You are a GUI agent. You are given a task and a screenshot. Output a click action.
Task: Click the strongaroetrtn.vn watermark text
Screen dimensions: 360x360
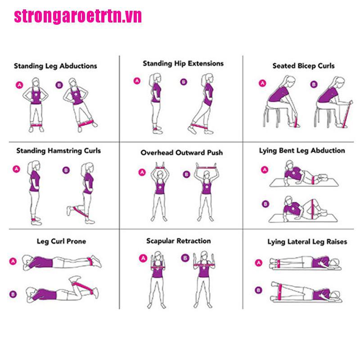pos(78,16)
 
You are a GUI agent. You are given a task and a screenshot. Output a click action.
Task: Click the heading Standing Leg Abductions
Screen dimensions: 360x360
pos(55,66)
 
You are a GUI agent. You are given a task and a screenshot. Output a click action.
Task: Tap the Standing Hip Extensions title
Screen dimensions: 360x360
pos(183,63)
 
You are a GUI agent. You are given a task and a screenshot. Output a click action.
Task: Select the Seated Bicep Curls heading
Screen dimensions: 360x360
pos(303,66)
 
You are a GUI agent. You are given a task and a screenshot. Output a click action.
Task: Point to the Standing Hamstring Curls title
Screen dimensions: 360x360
pos(58,150)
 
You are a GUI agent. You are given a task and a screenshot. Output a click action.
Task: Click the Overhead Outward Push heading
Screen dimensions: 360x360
pos(181,153)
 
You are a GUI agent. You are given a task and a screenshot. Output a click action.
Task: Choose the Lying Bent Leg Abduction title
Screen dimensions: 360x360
pos(302,150)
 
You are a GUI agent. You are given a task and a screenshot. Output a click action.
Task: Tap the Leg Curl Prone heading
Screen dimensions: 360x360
pos(61,241)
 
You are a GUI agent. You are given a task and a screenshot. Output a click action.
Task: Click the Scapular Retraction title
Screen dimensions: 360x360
pos(178,241)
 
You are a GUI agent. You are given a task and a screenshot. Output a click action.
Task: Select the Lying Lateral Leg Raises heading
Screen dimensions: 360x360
pos(307,242)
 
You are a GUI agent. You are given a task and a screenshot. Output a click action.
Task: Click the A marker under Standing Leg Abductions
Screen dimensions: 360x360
pos(19,84)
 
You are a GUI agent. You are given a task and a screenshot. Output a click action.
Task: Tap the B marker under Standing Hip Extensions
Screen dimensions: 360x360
pos(183,82)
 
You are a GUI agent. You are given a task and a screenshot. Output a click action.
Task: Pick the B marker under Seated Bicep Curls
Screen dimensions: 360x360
pos(313,84)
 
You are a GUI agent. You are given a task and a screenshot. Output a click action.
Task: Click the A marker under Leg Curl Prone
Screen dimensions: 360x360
pos(13,261)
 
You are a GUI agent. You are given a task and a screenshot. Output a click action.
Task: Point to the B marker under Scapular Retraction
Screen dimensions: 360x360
pos(185,258)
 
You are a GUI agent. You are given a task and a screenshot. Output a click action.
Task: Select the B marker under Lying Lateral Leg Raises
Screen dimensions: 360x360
pos(258,289)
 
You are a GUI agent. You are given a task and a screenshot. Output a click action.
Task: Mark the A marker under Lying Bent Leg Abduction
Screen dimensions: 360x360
pos(265,170)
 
